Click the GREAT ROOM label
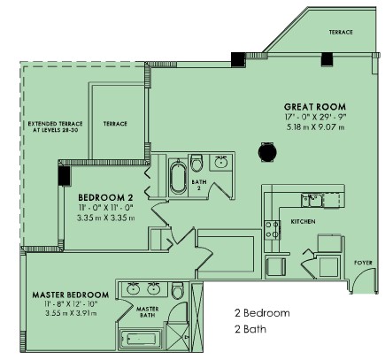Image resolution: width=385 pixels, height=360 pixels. pyautogui.click(x=315, y=106)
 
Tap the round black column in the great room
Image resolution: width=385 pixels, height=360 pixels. pyautogui.click(x=267, y=152)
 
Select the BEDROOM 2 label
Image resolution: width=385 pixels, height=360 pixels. pyautogui.click(x=105, y=197)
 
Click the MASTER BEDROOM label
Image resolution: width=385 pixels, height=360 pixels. pyautogui.click(x=71, y=295)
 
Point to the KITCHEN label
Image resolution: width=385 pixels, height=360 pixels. pyautogui.click(x=303, y=221)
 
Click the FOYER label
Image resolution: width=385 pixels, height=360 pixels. pyautogui.click(x=363, y=263)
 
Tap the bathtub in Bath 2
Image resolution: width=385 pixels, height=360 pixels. pyautogui.click(x=178, y=177)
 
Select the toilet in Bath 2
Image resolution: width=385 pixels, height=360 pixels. pyautogui.click(x=196, y=163)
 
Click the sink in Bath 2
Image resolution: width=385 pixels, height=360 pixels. pyautogui.click(x=220, y=162)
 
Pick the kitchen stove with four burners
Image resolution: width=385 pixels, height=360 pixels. pyautogui.click(x=272, y=230)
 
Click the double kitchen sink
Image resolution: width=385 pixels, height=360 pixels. pyautogui.click(x=312, y=200)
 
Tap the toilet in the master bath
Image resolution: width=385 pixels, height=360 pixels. pyautogui.click(x=178, y=290)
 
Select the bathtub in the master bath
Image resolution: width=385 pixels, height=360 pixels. pyautogui.click(x=141, y=340)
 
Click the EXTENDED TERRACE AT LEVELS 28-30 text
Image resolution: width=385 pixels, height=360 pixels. pyautogui.click(x=55, y=126)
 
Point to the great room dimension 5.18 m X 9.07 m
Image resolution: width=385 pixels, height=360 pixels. pyautogui.click(x=315, y=127)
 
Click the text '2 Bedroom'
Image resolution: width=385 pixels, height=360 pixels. pyautogui.click(x=262, y=313)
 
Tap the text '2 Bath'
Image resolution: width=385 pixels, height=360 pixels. pyautogui.click(x=250, y=329)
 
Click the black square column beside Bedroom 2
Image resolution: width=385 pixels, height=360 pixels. pyautogui.click(x=65, y=176)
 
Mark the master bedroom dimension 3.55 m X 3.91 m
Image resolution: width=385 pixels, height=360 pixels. pyautogui.click(x=71, y=313)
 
